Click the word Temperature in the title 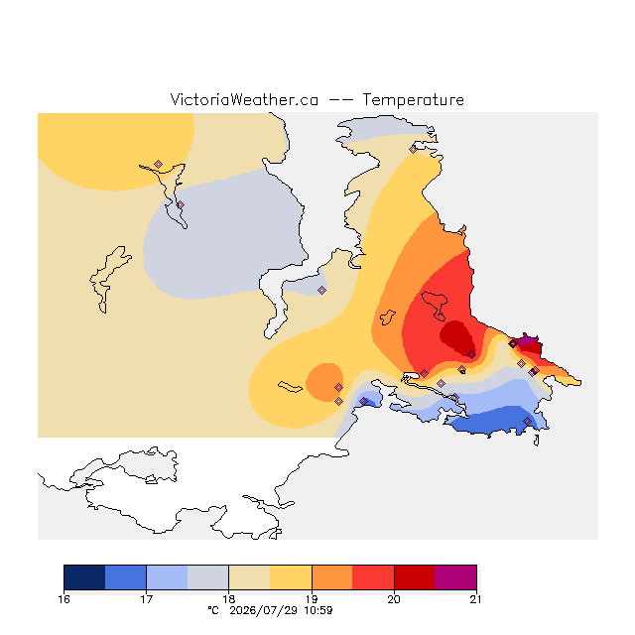coord(413,99)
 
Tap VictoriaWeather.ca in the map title coord(244,99)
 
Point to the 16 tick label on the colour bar coord(63,599)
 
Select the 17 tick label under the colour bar coord(146,599)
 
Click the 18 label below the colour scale coord(229,599)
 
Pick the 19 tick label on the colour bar coord(312,599)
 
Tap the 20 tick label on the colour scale coord(394,599)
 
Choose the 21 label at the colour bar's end coord(476,599)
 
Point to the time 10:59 coord(318,610)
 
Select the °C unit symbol coord(213,610)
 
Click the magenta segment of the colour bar coord(455,577)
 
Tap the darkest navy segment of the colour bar coord(84,577)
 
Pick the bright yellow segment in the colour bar coord(291,577)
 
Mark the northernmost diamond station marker coord(413,150)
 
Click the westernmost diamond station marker coord(159,164)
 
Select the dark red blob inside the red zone coord(456,337)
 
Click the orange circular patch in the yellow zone coord(324,382)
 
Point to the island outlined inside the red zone coord(435,305)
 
